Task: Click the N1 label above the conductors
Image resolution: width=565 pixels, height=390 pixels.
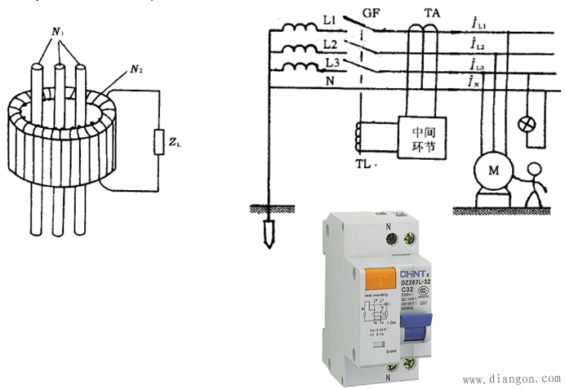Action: [x=58, y=32]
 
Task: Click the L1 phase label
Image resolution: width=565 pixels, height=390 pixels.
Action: [x=330, y=19]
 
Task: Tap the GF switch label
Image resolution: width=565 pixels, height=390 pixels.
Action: [x=371, y=14]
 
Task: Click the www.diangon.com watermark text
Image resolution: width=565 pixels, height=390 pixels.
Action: [x=511, y=379]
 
